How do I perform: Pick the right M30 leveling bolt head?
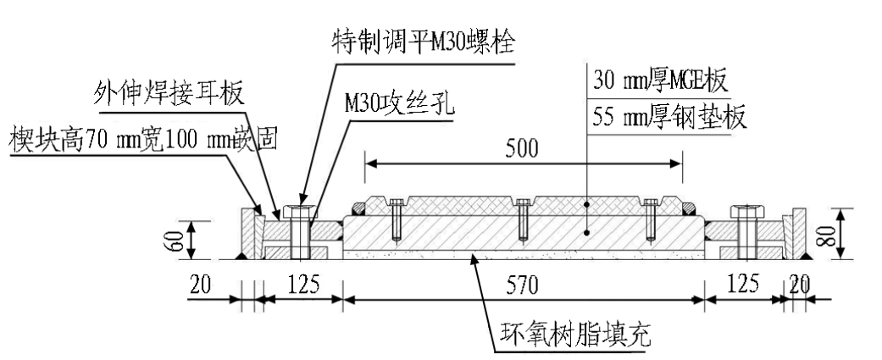[748, 211]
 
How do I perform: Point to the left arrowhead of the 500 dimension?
[369, 162]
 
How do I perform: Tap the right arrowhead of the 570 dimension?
[702, 298]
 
